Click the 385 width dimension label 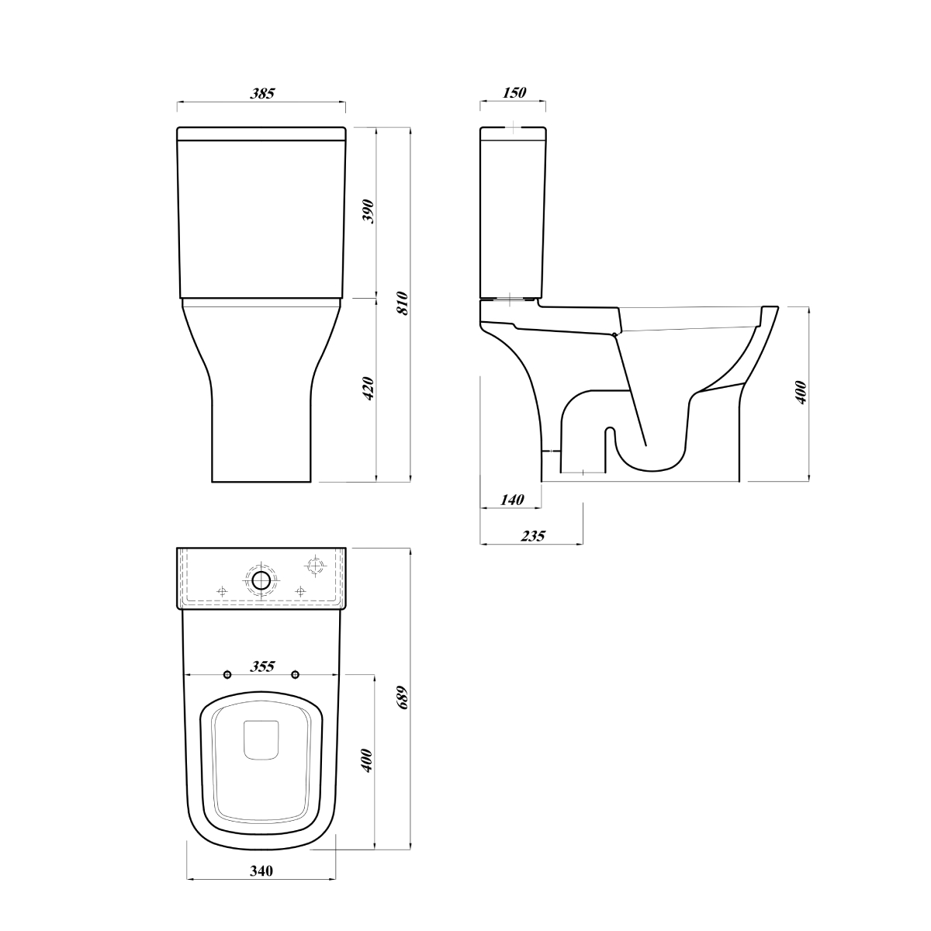[262, 93]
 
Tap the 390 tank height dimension [369, 211]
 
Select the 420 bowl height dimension [369, 388]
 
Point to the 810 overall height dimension [403, 303]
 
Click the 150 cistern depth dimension [514, 92]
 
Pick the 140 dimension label [511, 500]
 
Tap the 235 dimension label [533, 536]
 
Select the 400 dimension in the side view [801, 393]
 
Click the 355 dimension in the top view [262, 666]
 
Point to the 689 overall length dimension [403, 697]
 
